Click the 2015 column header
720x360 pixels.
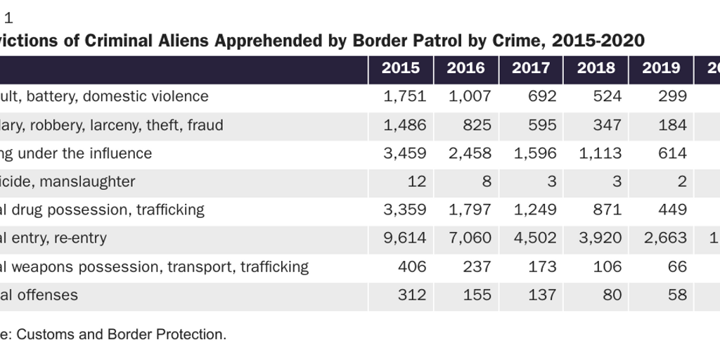401,68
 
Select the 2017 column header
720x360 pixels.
531,68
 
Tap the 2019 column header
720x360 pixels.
661,68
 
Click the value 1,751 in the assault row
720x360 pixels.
405,96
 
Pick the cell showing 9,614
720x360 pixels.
405,238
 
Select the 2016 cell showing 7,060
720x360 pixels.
470,238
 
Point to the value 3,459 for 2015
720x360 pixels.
405,153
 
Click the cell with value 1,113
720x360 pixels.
600,153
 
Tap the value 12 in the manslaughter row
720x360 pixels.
417,181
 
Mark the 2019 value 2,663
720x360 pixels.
665,238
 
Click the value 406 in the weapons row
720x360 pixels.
411,266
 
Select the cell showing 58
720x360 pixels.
677,295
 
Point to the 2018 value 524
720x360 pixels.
607,96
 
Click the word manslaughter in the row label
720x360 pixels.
88,181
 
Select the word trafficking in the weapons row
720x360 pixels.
274,266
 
